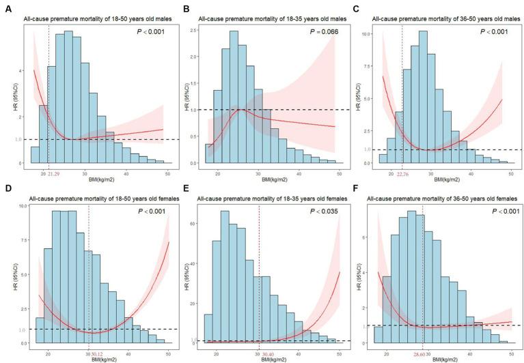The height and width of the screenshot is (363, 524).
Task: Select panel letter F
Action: (358, 187)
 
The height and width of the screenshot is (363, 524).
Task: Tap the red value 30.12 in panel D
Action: (96, 353)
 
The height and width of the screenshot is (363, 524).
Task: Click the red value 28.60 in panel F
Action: (423, 353)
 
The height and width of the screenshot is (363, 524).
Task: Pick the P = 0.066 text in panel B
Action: (316, 32)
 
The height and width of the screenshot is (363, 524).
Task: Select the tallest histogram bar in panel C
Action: (422, 96)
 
